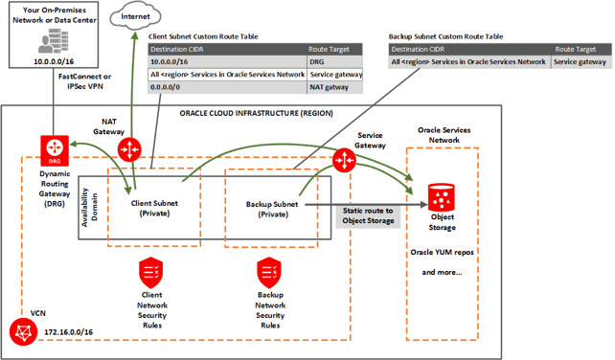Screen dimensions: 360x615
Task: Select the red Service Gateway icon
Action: click(x=343, y=159)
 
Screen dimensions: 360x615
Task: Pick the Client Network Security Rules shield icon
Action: click(x=150, y=270)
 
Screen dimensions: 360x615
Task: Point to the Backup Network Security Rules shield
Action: click(x=268, y=270)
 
